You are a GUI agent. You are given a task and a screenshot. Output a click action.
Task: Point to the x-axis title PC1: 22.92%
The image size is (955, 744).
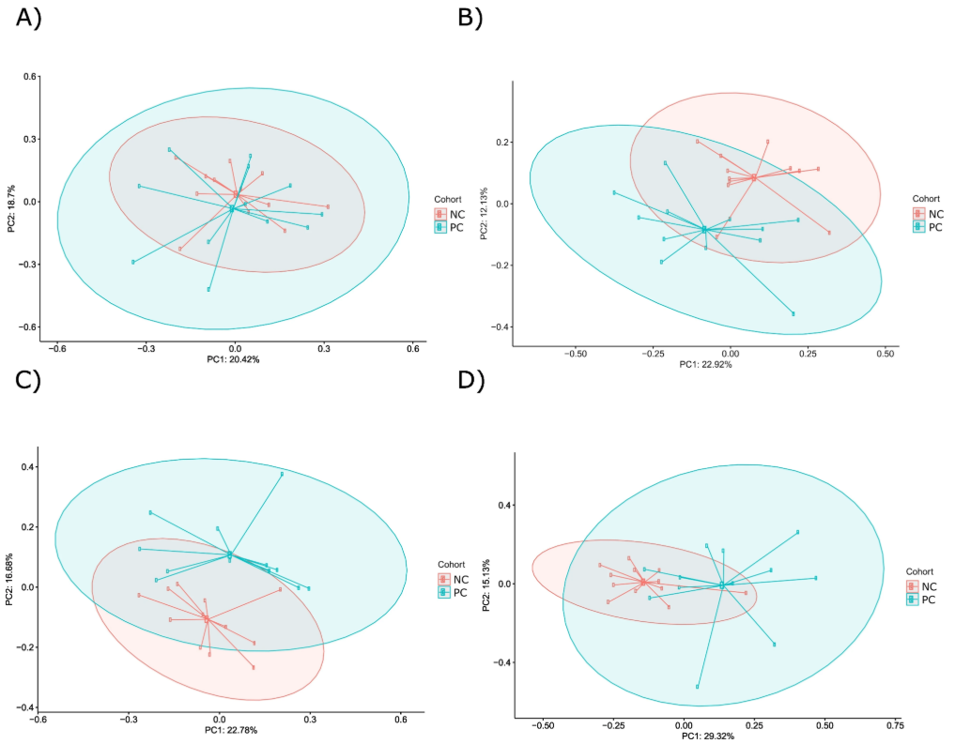[x=705, y=364]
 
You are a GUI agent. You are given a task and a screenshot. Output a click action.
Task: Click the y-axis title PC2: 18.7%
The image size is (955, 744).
[x=9, y=201]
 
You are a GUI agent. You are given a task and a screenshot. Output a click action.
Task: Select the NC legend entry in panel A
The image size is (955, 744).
[x=455, y=214]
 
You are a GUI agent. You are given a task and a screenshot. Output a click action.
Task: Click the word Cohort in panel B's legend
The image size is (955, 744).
[x=926, y=198]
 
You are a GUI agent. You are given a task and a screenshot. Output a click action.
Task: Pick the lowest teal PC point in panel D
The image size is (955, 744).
[x=698, y=687]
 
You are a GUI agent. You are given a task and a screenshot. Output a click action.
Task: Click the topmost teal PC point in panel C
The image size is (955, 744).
[x=282, y=474]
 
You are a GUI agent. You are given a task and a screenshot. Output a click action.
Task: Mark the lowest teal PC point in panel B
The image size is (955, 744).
[x=793, y=313]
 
